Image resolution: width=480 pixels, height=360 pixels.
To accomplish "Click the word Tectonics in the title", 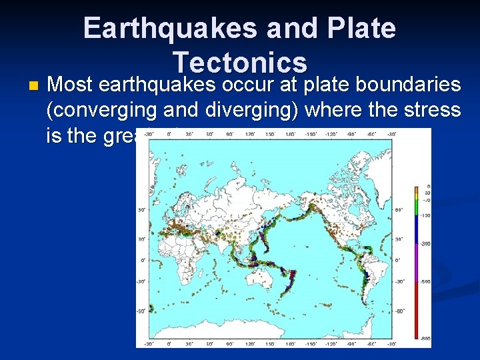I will (x=239, y=63).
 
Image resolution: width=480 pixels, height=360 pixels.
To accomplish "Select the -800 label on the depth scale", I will (x=425, y=339).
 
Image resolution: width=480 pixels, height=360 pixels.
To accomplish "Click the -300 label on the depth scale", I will (x=425, y=244).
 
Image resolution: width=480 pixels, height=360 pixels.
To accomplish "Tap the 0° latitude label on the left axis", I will (x=142, y=260).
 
